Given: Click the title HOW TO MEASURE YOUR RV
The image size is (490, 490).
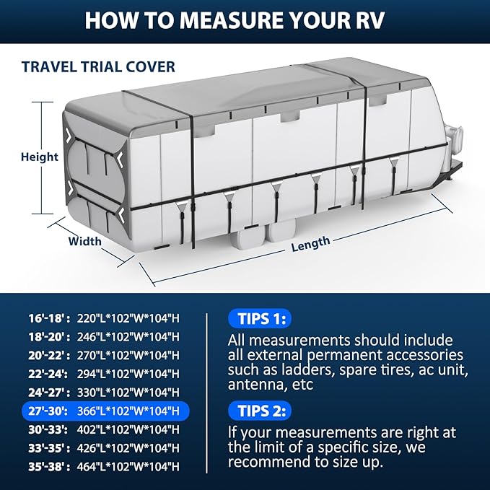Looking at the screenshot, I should pos(245,19).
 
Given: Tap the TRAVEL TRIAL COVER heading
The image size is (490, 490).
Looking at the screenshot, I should pos(98,67).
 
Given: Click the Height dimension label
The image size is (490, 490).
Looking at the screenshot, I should pos(40,157).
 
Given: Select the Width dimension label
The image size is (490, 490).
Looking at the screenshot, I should pos(84,241).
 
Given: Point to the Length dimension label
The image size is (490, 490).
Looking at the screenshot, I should pos(310,245).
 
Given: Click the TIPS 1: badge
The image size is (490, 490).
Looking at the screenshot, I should pos(259,319).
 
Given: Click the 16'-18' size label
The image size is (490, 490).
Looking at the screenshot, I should pos(40,318).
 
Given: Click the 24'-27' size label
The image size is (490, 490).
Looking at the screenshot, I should pos(41,393).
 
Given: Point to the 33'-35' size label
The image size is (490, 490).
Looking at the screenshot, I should pos(40,447).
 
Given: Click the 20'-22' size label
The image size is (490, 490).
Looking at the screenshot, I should pos(40,355).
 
